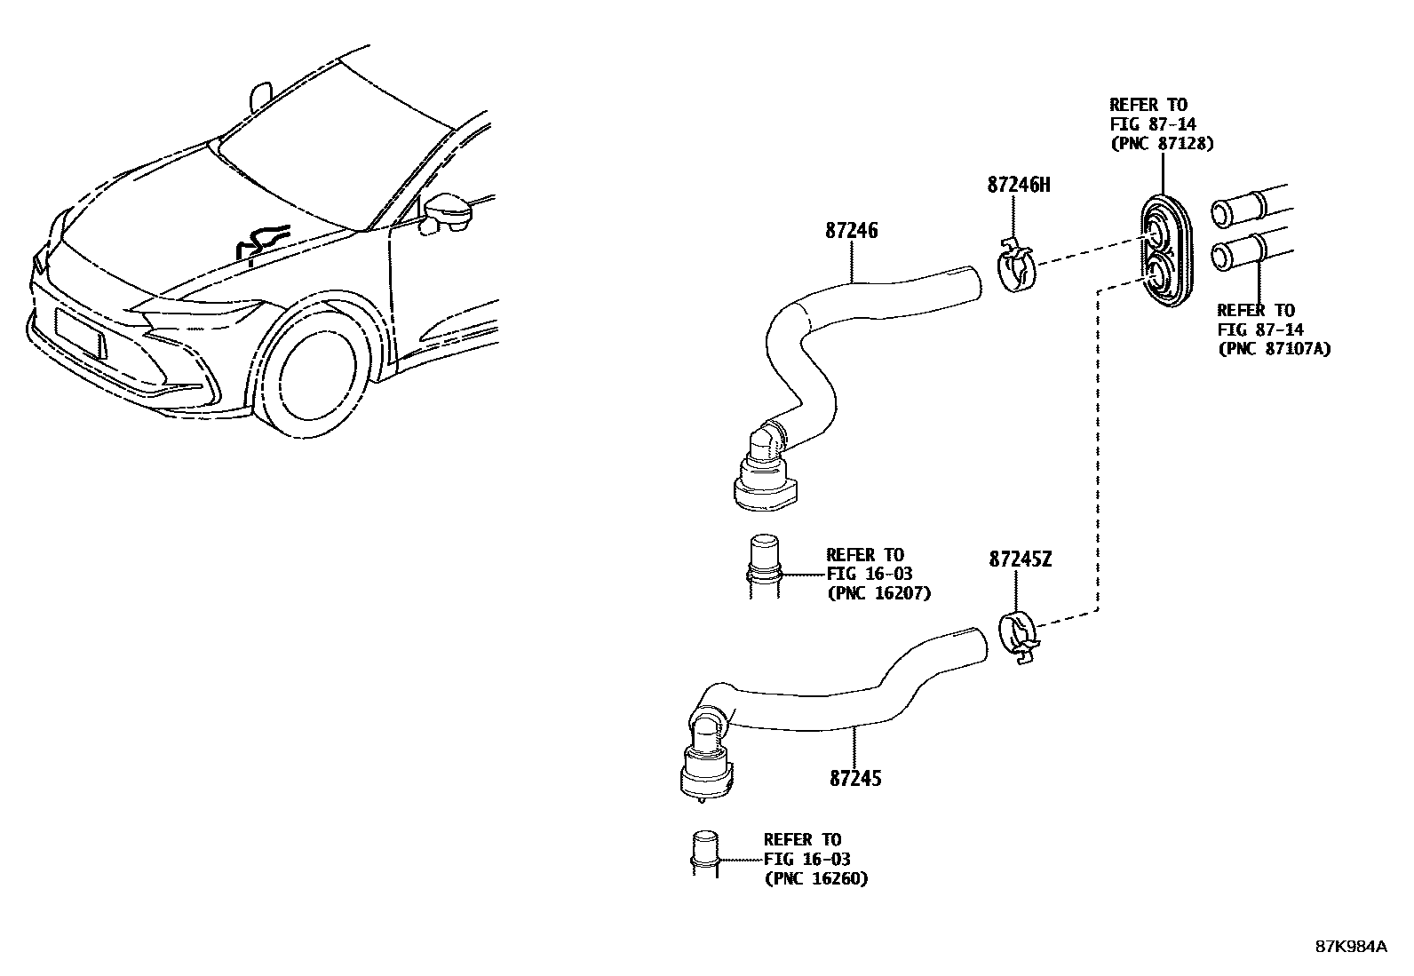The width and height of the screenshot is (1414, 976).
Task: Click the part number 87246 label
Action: [851, 231]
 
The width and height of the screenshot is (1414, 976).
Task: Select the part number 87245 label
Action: [855, 778]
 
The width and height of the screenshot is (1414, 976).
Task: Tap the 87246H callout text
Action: [1018, 185]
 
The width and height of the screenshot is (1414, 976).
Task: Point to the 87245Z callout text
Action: [1021, 559]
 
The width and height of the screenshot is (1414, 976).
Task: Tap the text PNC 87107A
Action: [1274, 349]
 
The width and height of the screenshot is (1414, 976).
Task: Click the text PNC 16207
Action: [878, 593]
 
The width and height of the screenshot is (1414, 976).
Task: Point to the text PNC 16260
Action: [816, 878]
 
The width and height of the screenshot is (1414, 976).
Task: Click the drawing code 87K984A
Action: [1350, 947]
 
